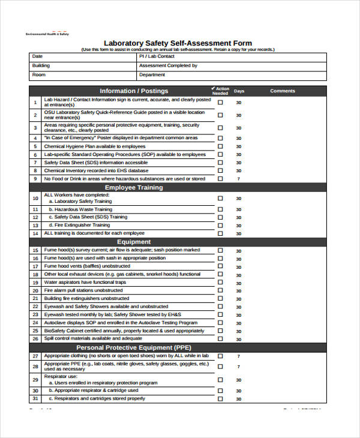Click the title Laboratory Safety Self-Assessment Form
point(178,43)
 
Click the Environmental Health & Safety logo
point(47,33)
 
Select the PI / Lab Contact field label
point(154,56)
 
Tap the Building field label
point(41,65)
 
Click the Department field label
point(152,75)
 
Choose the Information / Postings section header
point(134,91)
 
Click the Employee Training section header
point(134,187)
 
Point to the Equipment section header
point(134,242)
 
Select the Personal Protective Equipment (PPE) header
point(134,347)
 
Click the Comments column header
point(283,91)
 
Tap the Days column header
point(239,91)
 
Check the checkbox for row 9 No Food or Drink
point(220,179)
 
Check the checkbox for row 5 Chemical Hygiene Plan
point(220,146)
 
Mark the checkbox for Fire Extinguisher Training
point(220,225)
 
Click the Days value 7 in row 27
point(239,356)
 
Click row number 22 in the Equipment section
point(35,307)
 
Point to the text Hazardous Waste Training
point(83,209)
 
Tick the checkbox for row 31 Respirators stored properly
point(220,398)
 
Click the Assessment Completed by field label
point(168,65)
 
